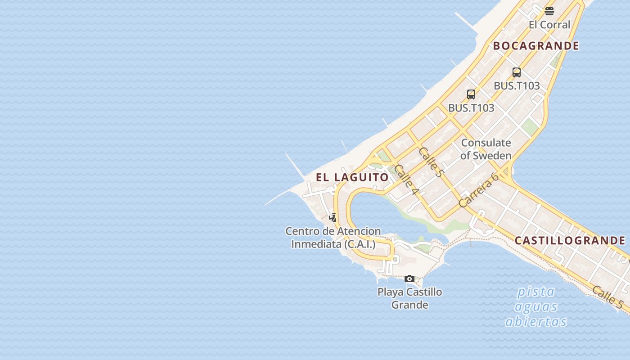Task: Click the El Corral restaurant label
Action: coord(549,25)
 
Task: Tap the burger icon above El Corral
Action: coord(549,11)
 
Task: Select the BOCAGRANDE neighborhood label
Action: coord(536,46)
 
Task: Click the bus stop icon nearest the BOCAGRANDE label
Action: coord(517,72)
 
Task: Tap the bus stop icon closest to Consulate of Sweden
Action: coord(471,94)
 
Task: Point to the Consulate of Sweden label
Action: coord(486,149)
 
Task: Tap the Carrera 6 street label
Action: coord(479,189)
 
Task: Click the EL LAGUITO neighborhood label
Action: coord(352,177)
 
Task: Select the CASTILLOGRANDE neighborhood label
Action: coord(570,241)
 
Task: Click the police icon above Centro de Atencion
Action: coord(333,217)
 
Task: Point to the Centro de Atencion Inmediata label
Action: coord(333,238)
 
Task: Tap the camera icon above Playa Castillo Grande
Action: coord(409,279)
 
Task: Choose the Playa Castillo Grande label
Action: coord(409,298)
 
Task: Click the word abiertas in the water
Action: coord(535,322)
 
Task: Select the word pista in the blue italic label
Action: coord(535,292)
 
